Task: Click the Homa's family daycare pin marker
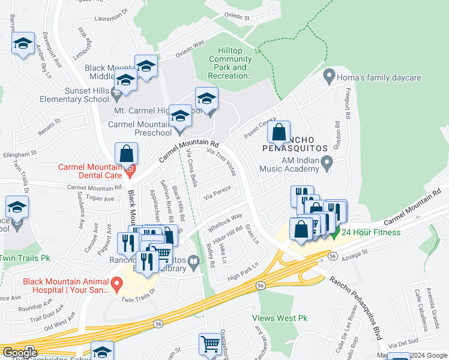(328, 77)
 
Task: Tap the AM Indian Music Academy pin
(327, 162)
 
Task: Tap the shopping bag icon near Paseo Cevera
(279, 133)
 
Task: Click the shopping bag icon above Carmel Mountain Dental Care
(127, 154)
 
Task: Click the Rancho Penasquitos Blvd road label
(355, 308)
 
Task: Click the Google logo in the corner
(20, 353)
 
